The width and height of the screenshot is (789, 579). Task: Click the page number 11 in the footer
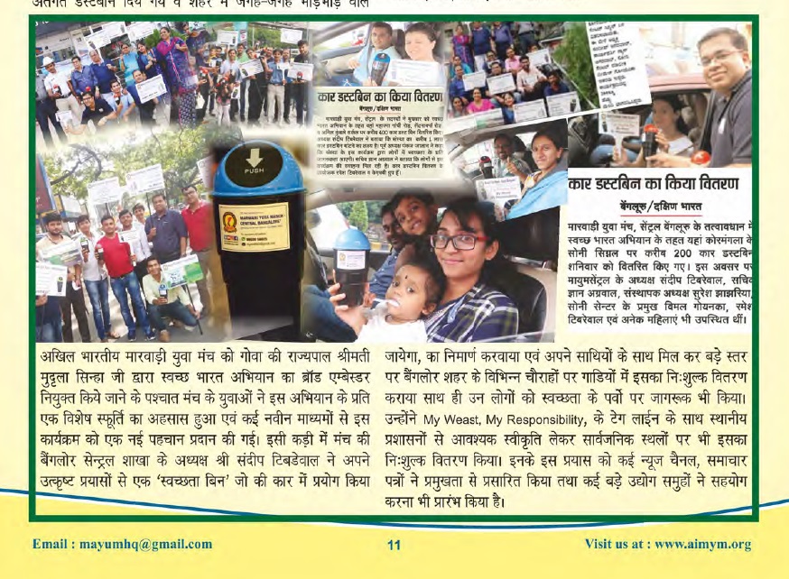point(394,545)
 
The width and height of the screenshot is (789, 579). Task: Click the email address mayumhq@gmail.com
point(122,544)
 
